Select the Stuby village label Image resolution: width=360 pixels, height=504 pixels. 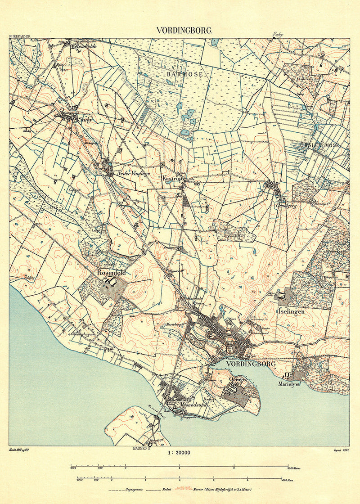pos(85,120)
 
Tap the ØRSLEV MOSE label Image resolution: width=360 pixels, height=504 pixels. pos(324,145)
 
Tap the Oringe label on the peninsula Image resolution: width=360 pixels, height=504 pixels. pos(237,380)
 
